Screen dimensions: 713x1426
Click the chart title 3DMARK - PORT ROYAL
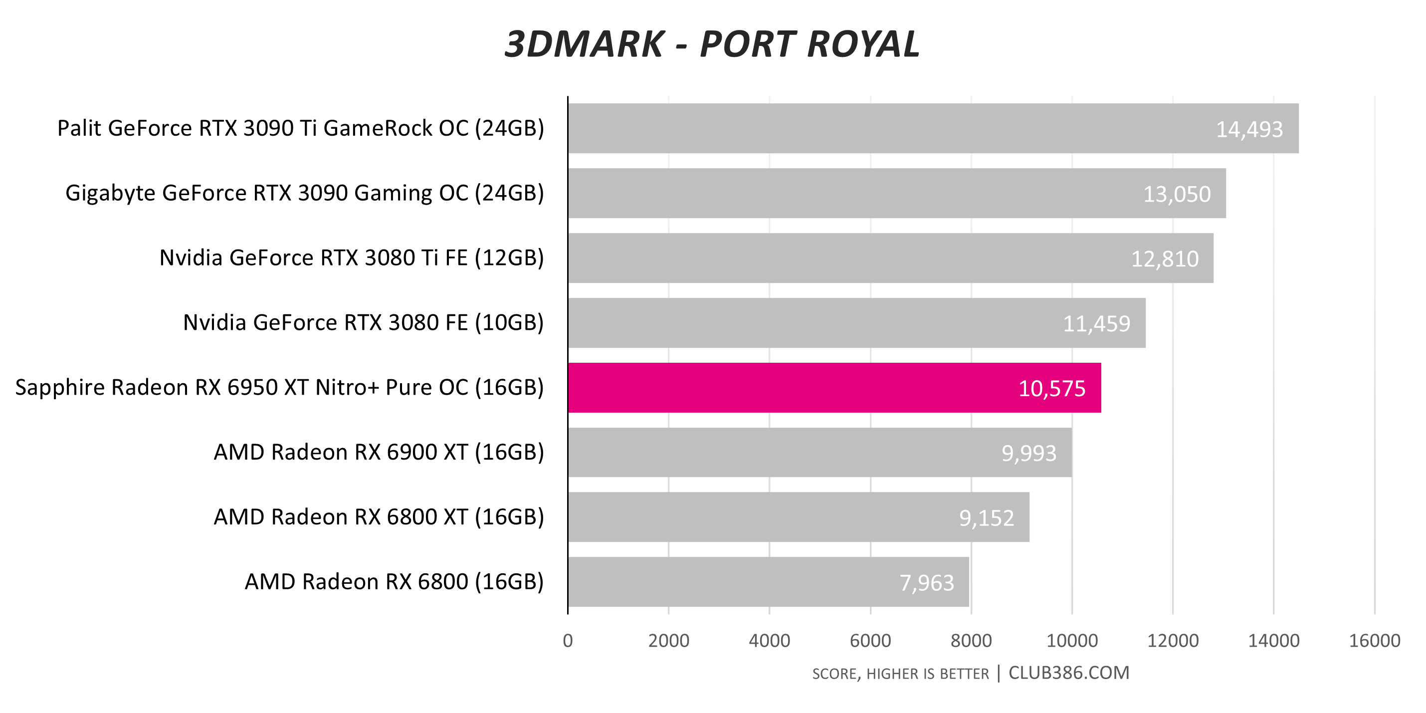pyautogui.click(x=712, y=44)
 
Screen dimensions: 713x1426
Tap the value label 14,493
pyautogui.click(x=1249, y=130)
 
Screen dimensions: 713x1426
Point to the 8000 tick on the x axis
pyautogui.click(x=971, y=641)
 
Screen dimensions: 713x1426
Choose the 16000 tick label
pyautogui.click(x=1374, y=641)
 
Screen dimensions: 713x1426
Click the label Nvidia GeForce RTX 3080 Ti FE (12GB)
pyautogui.click(x=352, y=258)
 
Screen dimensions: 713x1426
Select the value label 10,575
pyautogui.click(x=1052, y=389)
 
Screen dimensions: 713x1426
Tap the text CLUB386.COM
pyautogui.click(x=1068, y=673)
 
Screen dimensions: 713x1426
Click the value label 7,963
pyautogui.click(x=927, y=583)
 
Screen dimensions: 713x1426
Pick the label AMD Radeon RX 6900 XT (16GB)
pyautogui.click(x=379, y=452)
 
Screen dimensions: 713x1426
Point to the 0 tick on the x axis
pyautogui.click(x=568, y=641)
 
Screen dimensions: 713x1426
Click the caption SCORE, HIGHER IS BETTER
pyautogui.click(x=900, y=674)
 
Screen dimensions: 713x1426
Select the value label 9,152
pyautogui.click(x=987, y=518)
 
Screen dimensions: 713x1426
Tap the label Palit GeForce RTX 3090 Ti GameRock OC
pyautogui.click(x=301, y=128)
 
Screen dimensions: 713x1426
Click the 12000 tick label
pyautogui.click(x=1173, y=641)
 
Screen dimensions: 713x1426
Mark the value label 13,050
pyautogui.click(x=1177, y=194)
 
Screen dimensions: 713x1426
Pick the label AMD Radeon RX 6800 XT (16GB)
pyautogui.click(x=379, y=517)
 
